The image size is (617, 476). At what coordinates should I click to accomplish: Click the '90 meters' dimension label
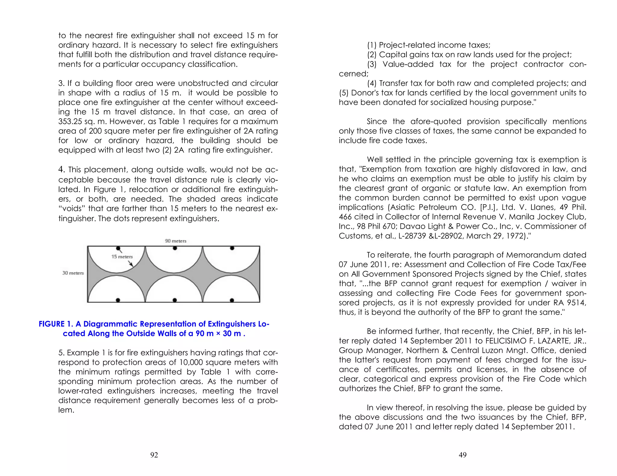click(x=176, y=241)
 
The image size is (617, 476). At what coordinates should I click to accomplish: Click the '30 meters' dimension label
click(x=73, y=273)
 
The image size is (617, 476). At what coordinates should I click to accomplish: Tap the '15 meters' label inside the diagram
click(x=122, y=257)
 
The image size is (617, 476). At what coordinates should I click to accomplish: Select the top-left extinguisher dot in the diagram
click(x=118, y=248)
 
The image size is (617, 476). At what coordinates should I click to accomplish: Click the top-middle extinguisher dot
click(x=175, y=248)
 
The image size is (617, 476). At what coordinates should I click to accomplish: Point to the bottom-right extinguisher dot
click(x=232, y=300)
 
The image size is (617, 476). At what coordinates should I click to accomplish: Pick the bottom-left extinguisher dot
click(x=118, y=300)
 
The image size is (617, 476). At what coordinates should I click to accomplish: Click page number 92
click(x=154, y=455)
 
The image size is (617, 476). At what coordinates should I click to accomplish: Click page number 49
click(x=462, y=455)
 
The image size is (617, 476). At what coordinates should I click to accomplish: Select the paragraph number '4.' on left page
click(x=61, y=170)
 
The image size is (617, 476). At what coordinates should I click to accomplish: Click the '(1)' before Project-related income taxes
click(x=372, y=45)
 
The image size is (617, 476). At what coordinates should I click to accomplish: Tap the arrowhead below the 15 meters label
click(x=131, y=264)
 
